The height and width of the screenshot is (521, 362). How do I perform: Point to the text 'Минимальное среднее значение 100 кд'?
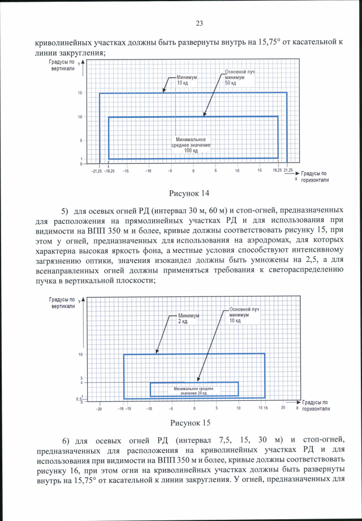tap(192, 146)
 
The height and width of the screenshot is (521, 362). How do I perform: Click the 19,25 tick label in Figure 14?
tap(277, 170)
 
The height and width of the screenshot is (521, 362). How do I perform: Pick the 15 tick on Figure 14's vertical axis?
tap(81, 93)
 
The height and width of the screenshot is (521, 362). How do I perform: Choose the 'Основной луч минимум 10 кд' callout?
tap(244, 315)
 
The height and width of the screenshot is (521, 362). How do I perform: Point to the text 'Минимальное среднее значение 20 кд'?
tap(193, 391)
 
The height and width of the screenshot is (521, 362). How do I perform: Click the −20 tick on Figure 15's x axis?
tap(99, 408)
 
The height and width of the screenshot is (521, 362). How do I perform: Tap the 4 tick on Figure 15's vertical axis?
tap(82, 383)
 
